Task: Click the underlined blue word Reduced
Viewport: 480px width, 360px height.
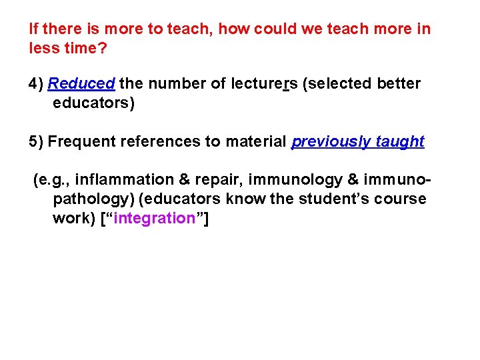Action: [x=81, y=84]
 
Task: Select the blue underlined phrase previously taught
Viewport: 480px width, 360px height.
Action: [x=358, y=142]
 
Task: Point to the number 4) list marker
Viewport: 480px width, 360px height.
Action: [x=36, y=84]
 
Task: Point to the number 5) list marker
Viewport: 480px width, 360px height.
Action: [x=36, y=142]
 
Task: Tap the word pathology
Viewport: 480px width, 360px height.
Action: [x=93, y=199]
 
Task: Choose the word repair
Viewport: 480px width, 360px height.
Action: [x=214, y=180]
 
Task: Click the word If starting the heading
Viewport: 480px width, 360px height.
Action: [x=33, y=29]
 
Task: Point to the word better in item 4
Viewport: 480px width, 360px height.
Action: [x=399, y=84]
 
